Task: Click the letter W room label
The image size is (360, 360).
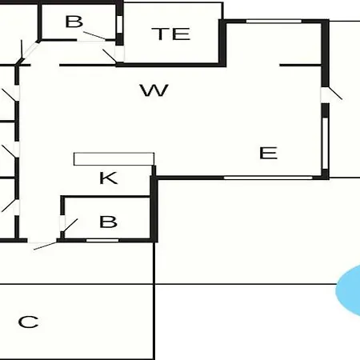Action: click(x=154, y=90)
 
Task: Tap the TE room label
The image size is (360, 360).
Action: click(x=171, y=34)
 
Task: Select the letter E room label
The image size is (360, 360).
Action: click(x=269, y=153)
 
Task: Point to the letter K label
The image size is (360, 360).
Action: click(x=108, y=178)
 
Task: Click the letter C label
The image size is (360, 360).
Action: click(x=28, y=322)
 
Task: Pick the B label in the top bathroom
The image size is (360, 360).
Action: click(x=74, y=22)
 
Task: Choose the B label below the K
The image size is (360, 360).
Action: click(x=108, y=222)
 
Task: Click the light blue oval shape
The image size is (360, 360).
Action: click(x=349, y=290)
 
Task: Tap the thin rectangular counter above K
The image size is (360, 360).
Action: click(x=114, y=159)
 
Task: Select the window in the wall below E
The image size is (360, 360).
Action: click(x=268, y=178)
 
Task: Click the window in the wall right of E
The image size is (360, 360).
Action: click(x=325, y=143)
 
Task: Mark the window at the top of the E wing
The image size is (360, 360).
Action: click(x=274, y=21)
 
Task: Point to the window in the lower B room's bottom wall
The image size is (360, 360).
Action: click(x=102, y=241)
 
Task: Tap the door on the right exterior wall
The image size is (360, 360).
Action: click(x=331, y=94)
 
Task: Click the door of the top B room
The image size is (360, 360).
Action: click(x=94, y=36)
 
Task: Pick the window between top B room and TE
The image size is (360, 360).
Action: click(x=119, y=25)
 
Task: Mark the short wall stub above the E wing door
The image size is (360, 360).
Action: click(x=300, y=65)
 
